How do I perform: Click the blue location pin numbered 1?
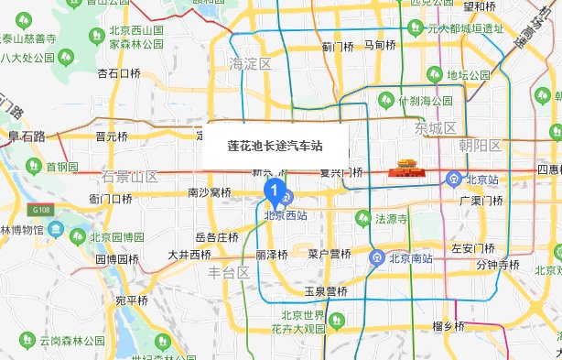[272, 190]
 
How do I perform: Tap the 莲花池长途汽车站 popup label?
[274, 145]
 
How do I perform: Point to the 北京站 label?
[480, 179]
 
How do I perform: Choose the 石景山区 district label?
[130, 176]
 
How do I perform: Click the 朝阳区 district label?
[481, 146]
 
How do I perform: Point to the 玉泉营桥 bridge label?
[327, 292]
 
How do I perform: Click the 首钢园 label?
[61, 167]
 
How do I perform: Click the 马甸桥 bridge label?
[380, 44]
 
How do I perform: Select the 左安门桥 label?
[474, 248]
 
